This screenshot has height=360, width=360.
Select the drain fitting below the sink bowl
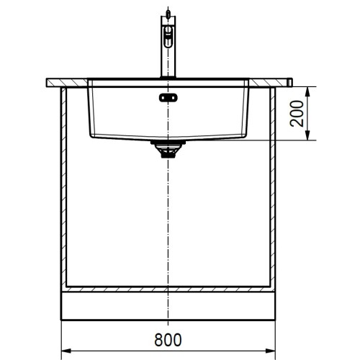[168, 149]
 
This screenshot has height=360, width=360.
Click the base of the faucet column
[168, 74]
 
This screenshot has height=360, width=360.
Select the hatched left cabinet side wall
[63, 187]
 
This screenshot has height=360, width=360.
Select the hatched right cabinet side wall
[272, 187]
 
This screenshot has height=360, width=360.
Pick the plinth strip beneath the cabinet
[168, 307]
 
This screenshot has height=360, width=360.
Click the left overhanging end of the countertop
[52, 82]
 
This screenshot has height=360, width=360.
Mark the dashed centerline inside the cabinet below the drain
[168, 216]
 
